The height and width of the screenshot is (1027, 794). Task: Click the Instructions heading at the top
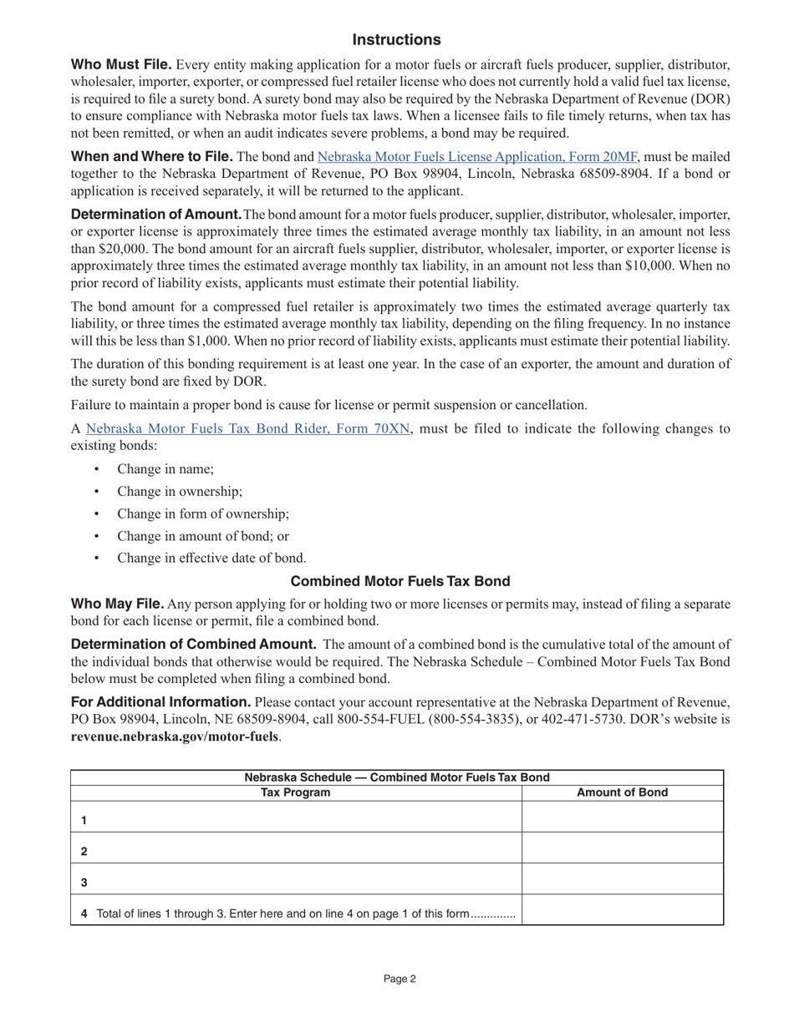coord(396,40)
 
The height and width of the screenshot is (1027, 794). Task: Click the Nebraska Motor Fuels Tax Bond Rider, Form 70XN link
coord(248,429)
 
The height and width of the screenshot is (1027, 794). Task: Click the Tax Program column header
coord(296,793)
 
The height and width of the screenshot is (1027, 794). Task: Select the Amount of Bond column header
coord(623,793)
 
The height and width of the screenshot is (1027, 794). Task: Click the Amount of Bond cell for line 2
coord(623,847)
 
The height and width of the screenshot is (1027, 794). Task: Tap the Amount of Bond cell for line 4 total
coord(623,910)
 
